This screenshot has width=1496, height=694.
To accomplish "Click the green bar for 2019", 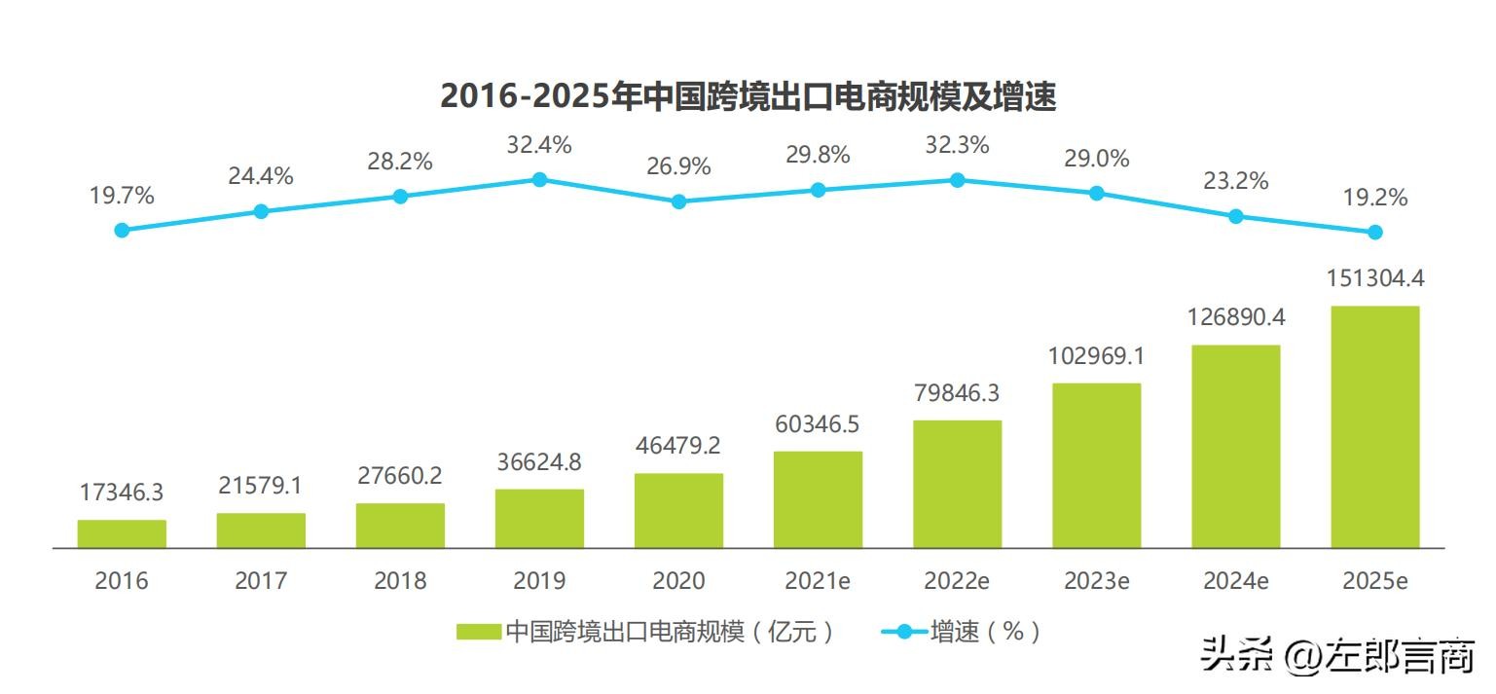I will pos(539,518).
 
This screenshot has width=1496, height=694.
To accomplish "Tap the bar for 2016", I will pos(122,533).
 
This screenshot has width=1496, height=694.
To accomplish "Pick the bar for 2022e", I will pos(957,484).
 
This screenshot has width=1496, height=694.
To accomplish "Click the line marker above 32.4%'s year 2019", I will pos(539,179).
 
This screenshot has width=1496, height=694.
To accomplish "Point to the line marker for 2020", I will pos(678,201).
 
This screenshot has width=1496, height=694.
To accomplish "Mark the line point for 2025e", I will pos(1374,232).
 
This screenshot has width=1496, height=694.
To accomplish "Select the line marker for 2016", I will pos(122,230).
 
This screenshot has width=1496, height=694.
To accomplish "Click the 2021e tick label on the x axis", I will pos(818,581).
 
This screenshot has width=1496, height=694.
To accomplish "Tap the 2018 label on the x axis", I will pos(400,581).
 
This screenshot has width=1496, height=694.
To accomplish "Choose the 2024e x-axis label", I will pos(1235,581).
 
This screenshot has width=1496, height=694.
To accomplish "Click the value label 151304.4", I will pos(1374,279).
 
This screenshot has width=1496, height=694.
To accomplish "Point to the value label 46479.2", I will pos(678,446).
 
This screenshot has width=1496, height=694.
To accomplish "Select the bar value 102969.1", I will pos(1096,356).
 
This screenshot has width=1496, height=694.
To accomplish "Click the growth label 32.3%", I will pos(957,146).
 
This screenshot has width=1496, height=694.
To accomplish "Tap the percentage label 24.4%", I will pos(261,177).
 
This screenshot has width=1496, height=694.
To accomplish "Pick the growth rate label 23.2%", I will pos(1235,181).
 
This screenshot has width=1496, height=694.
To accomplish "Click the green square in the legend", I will pos(478,632).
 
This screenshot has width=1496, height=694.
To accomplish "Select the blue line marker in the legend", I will pos(904,632).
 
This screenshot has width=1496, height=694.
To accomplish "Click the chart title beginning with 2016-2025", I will pos(748,96).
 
